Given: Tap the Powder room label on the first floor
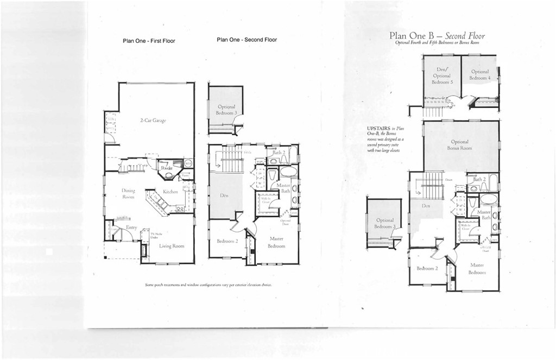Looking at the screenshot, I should click(x=167, y=168).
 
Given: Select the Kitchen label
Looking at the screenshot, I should click(x=171, y=192).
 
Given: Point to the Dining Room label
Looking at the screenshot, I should click(x=129, y=194).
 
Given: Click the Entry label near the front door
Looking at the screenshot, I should click(x=131, y=228).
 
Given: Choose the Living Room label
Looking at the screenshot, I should click(x=172, y=246).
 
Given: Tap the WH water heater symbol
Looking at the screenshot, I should click(x=188, y=163).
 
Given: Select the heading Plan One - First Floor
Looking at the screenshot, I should click(x=149, y=41).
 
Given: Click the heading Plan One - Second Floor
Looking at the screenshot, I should click(x=247, y=40).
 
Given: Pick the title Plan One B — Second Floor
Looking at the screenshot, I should click(x=437, y=36).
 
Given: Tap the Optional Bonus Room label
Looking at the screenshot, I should click(x=459, y=145).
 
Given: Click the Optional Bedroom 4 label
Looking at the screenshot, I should click(x=480, y=75).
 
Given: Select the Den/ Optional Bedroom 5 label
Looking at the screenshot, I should click(x=442, y=76).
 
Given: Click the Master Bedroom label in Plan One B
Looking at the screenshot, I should click(x=477, y=268).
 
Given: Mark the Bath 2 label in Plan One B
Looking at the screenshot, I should click(x=479, y=179).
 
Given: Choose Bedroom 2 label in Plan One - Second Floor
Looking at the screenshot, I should click(x=228, y=241).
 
